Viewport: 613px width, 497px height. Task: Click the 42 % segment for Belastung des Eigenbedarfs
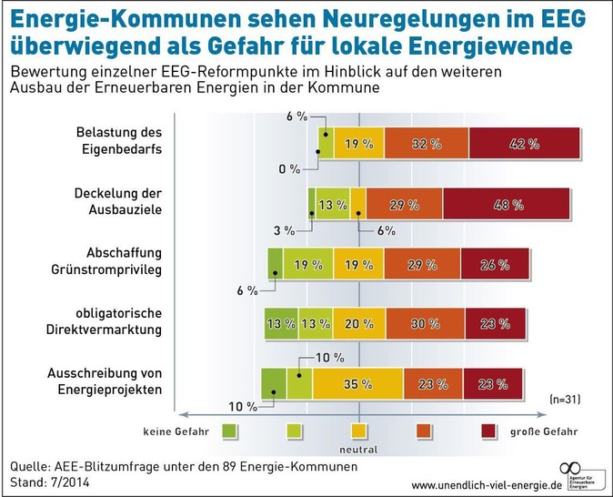pos(526,144)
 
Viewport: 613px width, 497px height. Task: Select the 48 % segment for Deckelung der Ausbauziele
pos(507,205)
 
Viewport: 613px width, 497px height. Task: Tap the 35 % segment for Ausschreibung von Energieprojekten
pos(357,384)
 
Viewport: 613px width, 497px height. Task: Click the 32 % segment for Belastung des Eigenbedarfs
pos(427,144)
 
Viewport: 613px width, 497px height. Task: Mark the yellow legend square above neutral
pos(359,430)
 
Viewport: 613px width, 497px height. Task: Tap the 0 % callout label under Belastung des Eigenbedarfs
pos(288,169)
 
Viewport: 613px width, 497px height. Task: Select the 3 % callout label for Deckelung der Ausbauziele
pos(284,229)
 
